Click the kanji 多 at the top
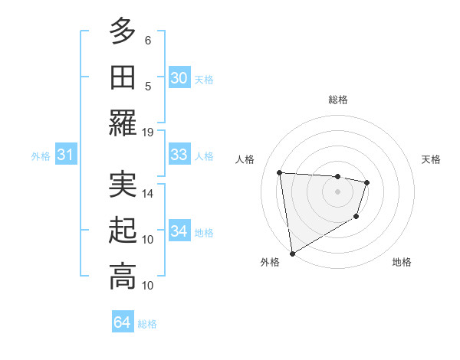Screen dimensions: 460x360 click(x=123, y=31)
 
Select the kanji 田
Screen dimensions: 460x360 click(x=123, y=77)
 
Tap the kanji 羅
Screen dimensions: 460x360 click(x=123, y=123)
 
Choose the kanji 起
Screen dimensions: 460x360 click(x=123, y=231)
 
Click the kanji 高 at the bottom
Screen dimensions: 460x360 click(x=123, y=277)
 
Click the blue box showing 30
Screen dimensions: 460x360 click(x=179, y=77)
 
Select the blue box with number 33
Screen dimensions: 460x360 click(x=179, y=155)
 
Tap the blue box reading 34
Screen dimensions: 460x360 click(x=179, y=231)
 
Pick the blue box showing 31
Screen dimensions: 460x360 click(x=66, y=155)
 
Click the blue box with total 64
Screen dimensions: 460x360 click(x=123, y=322)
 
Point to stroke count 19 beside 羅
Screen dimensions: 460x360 click(x=148, y=132)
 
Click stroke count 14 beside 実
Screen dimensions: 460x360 click(x=148, y=193)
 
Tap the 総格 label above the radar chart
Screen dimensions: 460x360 click(x=337, y=100)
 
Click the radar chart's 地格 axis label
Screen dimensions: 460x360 click(x=402, y=262)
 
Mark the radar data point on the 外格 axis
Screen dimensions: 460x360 click(x=292, y=253)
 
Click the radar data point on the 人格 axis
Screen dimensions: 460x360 click(x=280, y=172)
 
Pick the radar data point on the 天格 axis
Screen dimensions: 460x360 click(x=367, y=182)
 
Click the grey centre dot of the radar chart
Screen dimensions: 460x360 click(x=337, y=191)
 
